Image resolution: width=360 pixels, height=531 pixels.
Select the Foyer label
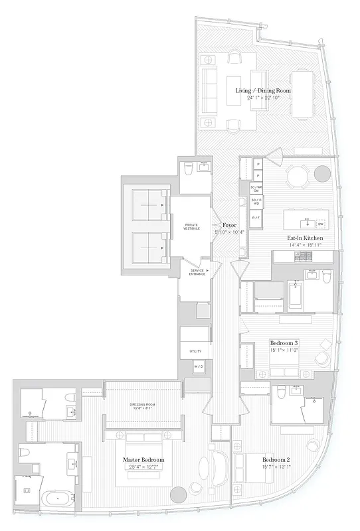tap(229, 224)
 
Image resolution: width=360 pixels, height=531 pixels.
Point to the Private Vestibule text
tap(191, 227)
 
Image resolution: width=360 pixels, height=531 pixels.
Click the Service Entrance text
tap(197, 271)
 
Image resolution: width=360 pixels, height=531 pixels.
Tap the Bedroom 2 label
tap(276, 459)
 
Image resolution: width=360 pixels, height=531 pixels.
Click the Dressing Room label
tap(143, 407)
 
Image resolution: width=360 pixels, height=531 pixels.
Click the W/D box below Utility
tap(198, 366)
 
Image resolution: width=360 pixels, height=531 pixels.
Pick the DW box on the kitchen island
tap(320, 223)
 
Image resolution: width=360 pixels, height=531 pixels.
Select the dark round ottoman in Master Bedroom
tap(178, 494)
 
